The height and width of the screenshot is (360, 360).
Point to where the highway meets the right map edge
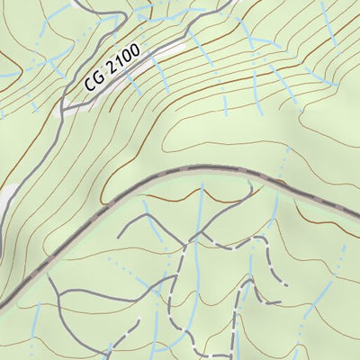[357, 221]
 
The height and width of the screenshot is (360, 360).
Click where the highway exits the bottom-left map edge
[3, 307]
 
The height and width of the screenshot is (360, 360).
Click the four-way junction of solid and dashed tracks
[190, 240]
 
